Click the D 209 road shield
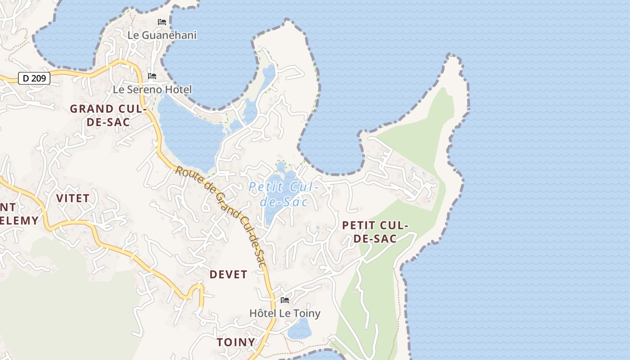34,78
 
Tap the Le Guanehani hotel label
162,35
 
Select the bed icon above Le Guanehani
162,22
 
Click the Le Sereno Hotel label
152,90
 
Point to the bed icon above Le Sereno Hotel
152,76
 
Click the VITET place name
73,198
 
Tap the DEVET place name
229,274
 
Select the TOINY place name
236,342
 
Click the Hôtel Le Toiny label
285,313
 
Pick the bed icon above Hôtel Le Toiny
285,300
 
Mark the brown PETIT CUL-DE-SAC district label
375,232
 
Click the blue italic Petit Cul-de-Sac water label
284,194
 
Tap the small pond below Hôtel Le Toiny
299,329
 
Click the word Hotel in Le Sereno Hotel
178,90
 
